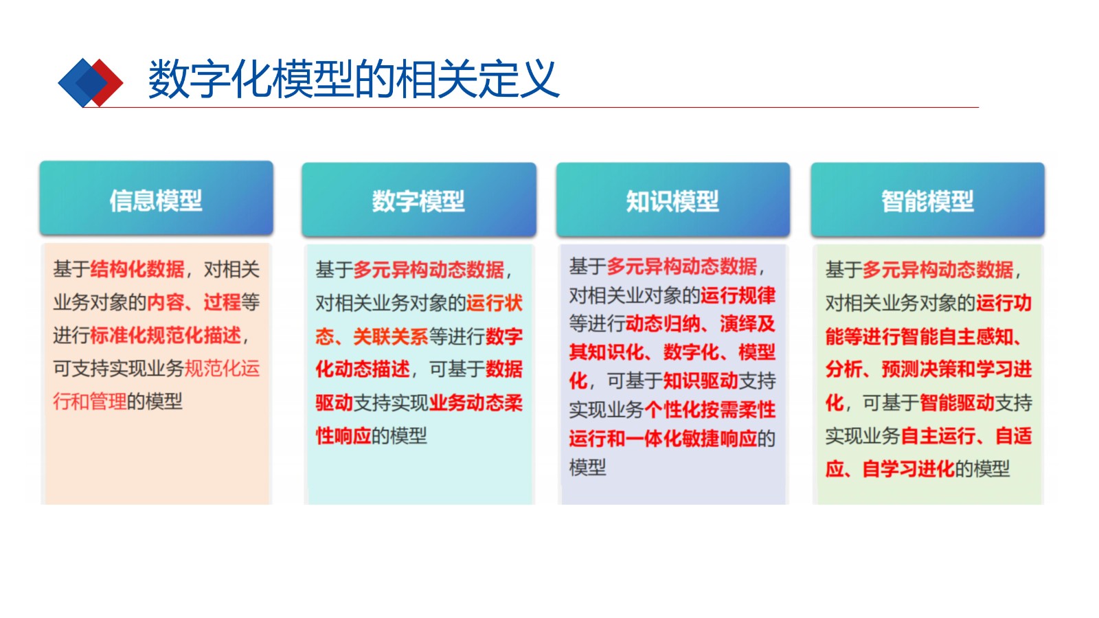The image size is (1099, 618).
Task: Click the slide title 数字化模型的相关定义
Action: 353,79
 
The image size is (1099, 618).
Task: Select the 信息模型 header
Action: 156,198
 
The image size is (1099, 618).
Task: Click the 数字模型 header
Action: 418,200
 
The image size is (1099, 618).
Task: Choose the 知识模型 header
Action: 672,200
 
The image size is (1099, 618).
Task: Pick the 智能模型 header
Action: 927,200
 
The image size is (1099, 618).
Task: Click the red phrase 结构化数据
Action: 137,269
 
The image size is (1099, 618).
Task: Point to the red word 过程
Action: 223,302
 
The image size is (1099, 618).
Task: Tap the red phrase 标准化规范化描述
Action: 166,336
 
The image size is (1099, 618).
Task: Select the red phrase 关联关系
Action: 391,336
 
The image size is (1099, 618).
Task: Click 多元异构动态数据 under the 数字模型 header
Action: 429,270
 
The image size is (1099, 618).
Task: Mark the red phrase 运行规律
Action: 738,295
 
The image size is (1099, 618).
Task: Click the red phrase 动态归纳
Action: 663,323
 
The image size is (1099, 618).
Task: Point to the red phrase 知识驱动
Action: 701,380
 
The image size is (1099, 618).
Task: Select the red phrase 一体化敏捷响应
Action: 691,438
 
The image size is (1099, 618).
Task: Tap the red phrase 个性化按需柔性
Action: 710,409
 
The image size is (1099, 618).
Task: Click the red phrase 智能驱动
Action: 957,403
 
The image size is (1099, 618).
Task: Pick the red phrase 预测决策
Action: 920,369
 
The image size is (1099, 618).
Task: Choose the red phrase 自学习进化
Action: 908,469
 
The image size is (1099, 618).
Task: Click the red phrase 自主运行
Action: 938,436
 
